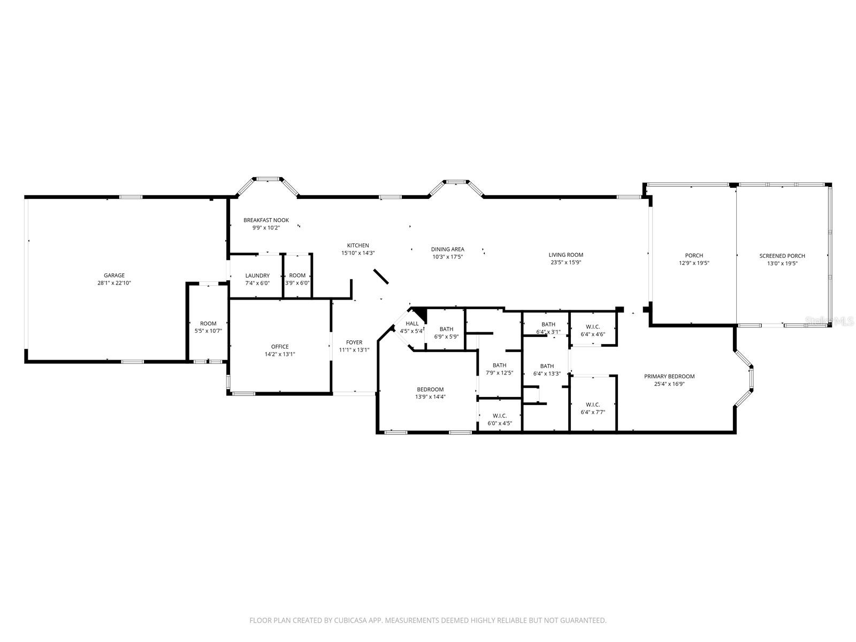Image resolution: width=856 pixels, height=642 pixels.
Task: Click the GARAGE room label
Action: [x=114, y=275]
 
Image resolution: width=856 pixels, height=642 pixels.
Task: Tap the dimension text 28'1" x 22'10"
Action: [x=114, y=282]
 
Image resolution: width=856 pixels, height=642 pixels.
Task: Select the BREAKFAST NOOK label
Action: [x=266, y=220]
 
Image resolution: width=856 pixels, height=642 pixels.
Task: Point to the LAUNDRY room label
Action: [x=257, y=276]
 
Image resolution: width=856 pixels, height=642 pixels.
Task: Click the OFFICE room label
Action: [x=280, y=347]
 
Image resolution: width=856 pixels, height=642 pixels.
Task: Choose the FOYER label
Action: [x=354, y=342]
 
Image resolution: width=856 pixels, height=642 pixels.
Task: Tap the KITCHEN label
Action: [x=358, y=246]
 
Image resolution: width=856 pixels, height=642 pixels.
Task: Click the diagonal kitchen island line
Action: [x=381, y=277]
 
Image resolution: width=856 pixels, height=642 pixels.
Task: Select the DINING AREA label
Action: [x=448, y=249]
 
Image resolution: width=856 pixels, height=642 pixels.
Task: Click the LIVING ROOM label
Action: [x=565, y=255]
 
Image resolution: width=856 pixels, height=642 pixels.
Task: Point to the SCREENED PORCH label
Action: [x=782, y=256]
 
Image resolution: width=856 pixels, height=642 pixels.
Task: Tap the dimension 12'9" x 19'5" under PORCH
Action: [x=694, y=263]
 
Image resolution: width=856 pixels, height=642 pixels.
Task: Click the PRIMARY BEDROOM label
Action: [x=669, y=376]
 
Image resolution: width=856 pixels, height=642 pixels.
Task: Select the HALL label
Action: [x=412, y=324]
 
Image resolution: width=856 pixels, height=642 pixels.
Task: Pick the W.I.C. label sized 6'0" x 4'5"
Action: [x=500, y=416]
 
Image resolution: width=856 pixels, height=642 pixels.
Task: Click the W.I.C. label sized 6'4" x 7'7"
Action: [x=593, y=404]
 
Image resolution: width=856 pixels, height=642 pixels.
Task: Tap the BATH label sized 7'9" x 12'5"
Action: [x=499, y=365]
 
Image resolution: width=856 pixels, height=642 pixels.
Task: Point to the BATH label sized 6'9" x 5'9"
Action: [x=446, y=329]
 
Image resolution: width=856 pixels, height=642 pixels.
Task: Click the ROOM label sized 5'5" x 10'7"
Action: [x=208, y=324]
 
